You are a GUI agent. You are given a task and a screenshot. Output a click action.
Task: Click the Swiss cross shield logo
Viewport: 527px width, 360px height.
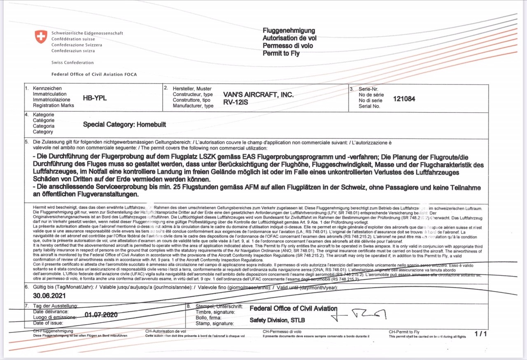point(41,37)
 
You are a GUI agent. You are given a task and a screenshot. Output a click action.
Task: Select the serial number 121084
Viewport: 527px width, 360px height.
point(404,99)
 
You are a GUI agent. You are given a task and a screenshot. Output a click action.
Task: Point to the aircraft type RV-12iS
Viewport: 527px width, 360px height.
point(236,102)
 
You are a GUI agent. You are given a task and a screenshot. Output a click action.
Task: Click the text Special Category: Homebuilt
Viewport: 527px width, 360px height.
point(124,124)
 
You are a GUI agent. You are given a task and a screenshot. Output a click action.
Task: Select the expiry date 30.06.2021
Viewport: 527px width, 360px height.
point(49,296)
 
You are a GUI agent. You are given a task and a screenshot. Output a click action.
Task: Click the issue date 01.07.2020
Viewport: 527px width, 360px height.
point(101,315)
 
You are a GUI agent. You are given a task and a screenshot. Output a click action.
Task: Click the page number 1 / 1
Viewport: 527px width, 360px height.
point(480,334)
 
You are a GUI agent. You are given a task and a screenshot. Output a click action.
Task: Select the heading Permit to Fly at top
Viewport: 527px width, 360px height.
point(281,54)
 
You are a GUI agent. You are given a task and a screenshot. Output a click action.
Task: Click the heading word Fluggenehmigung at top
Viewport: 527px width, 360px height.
point(289,30)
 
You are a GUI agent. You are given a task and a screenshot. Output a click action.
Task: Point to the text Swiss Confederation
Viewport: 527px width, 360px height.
point(72,63)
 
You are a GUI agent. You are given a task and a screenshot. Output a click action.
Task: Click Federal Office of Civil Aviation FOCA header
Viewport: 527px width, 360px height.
point(94,75)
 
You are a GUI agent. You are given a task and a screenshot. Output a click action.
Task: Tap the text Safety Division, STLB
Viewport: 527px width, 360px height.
point(277,320)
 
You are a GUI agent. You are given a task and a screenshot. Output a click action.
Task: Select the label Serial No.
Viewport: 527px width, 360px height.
point(369,106)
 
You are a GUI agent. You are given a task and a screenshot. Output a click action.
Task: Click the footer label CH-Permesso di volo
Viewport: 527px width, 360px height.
point(282,332)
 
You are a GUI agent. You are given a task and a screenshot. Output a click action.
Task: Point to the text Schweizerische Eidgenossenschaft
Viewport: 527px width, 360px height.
point(87,33)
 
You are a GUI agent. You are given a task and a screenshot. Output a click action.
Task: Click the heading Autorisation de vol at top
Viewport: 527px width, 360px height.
point(289,38)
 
